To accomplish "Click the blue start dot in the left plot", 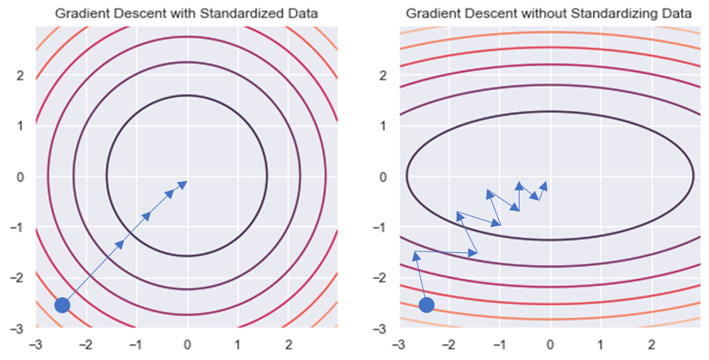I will pyautogui.click(x=63, y=305).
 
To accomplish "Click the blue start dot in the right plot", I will pyautogui.click(x=426, y=305).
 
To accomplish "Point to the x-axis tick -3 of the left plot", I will pyautogui.click(x=34, y=344).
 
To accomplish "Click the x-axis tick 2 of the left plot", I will pyautogui.click(x=288, y=344).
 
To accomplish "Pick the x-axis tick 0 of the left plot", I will pyautogui.click(x=187, y=344).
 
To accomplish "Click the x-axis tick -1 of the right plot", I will pyautogui.click(x=499, y=344).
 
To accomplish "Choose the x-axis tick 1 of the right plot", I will pyautogui.click(x=601, y=344).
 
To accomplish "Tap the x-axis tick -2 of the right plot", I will pyautogui.click(x=448, y=344).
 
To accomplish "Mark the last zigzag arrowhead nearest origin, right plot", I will pyautogui.click(x=545, y=184).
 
